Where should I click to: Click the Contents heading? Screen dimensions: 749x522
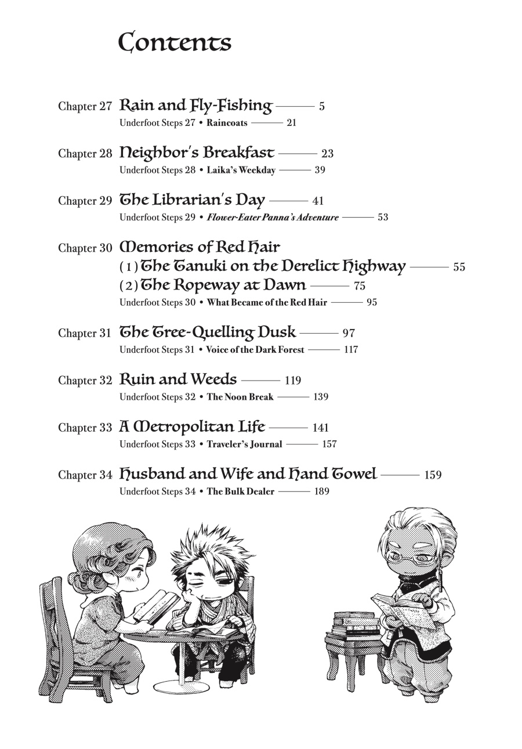pyautogui.click(x=175, y=43)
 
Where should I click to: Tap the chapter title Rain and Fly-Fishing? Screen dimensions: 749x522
pyautogui.click(x=195, y=106)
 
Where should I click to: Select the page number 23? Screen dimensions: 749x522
pyautogui.click(x=327, y=154)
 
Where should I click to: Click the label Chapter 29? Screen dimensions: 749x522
pyautogui.click(x=85, y=201)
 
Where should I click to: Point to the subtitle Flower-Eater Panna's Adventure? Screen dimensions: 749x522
pyautogui.click(x=273, y=218)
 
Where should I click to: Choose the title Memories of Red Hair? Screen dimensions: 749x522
pyautogui.click(x=200, y=247)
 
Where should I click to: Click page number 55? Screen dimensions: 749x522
pyautogui.click(x=459, y=267)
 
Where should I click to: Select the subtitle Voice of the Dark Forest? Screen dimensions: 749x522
pyautogui.click(x=255, y=350)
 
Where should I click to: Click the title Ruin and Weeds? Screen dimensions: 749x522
pyautogui.click(x=178, y=380)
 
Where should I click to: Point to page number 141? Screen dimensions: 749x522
pyautogui.click(x=320, y=428)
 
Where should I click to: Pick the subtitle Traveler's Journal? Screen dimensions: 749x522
pyautogui.click(x=244, y=444)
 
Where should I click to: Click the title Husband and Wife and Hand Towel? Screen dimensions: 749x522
pyautogui.click(x=248, y=475)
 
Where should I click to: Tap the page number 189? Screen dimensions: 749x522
pyautogui.click(x=321, y=491)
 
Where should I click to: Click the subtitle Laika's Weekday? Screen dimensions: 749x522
pyautogui.click(x=241, y=171)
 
